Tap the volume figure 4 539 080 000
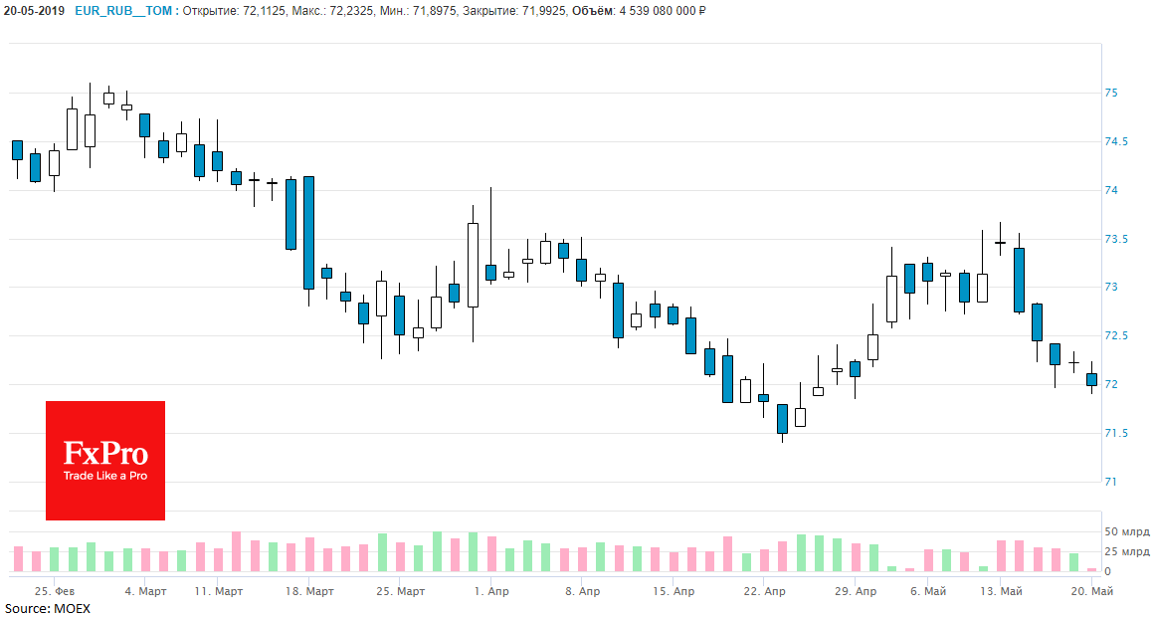pos(653,10)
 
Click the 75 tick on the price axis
pos(1110,93)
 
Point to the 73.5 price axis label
pos(1115,239)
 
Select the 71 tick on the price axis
pos(1110,482)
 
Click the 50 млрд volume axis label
pos(1126,531)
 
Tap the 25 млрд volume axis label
pos(1126,551)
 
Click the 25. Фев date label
pos(55,591)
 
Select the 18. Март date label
pos(308,591)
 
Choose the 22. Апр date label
pos(763,591)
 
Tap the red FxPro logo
pos(105,461)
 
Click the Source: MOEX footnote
pos(47,608)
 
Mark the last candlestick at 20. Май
pos(1091,379)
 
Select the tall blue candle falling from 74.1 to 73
pos(309,233)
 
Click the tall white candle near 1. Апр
pos(473,265)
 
